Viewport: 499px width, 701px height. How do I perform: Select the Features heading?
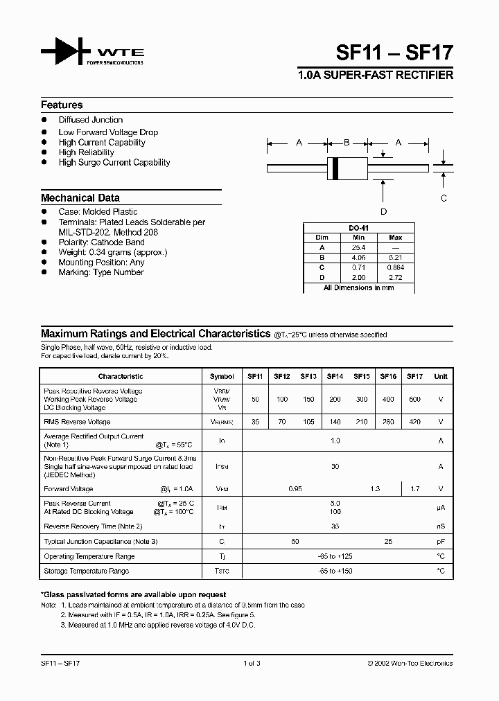coord(62,105)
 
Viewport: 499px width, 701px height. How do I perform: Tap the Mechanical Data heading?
coord(80,198)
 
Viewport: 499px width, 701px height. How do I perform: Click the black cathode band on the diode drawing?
coord(336,167)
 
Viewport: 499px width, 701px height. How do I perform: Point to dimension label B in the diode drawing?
coord(347,143)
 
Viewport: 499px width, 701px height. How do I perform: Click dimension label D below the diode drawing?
coord(383,212)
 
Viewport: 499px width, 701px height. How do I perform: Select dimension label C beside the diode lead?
coord(444,197)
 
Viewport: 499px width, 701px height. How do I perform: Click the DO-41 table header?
coord(358,228)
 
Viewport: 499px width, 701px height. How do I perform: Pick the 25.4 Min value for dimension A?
coord(358,247)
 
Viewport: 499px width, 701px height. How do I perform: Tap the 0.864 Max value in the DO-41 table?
coord(396,267)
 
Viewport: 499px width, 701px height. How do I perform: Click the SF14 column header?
coord(335,377)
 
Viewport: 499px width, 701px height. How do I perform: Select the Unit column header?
coord(440,377)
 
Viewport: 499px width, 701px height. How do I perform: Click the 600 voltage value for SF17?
coord(414,400)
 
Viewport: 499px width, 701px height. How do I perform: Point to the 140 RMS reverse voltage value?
coord(335,422)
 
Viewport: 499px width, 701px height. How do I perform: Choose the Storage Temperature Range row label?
coord(86,571)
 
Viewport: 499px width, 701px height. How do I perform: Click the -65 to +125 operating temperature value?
coord(335,557)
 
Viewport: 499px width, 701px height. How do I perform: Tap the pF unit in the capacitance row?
coord(440,541)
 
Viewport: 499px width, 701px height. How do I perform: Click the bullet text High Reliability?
coord(86,152)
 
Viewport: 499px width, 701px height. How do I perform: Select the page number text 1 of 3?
coord(251,664)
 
